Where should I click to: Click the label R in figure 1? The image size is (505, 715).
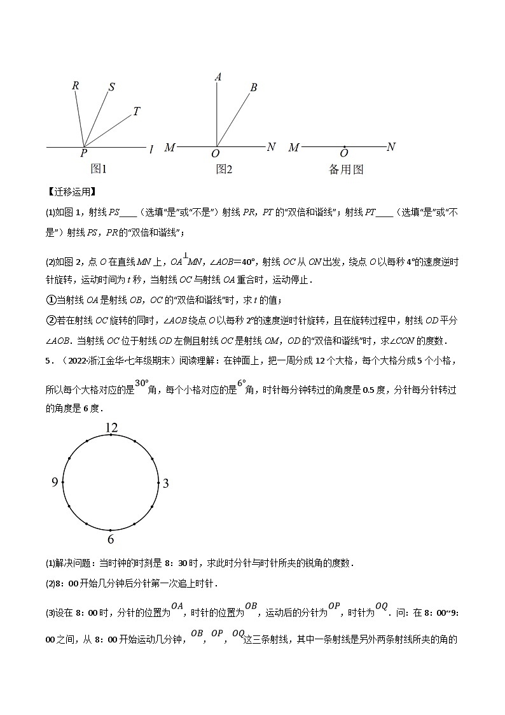pyautogui.click(x=76, y=85)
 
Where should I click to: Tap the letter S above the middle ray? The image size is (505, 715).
pyautogui.click(x=111, y=87)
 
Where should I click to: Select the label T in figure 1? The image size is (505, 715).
pyautogui.click(x=136, y=112)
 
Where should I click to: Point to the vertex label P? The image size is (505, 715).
pyautogui.click(x=84, y=153)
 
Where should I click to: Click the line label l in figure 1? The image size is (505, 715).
pyautogui.click(x=151, y=150)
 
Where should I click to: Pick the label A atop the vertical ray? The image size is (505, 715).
pyautogui.click(x=218, y=77)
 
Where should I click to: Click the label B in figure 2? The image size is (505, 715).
pyautogui.click(x=253, y=88)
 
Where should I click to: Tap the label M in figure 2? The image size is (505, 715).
pyautogui.click(x=170, y=148)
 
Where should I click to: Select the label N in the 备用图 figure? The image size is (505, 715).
pyautogui.click(x=391, y=147)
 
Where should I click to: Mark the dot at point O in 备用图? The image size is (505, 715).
pyautogui.click(x=344, y=147)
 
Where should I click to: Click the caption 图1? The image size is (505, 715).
pyautogui.click(x=99, y=169)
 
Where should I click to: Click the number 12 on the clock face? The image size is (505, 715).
pyautogui.click(x=111, y=428)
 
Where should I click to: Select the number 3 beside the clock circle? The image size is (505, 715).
pyautogui.click(x=165, y=483)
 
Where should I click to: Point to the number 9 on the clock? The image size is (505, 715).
pyautogui.click(x=55, y=483)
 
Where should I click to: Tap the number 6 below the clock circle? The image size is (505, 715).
pyautogui.click(x=111, y=539)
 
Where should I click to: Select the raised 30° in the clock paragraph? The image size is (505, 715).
pyautogui.click(x=141, y=383)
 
